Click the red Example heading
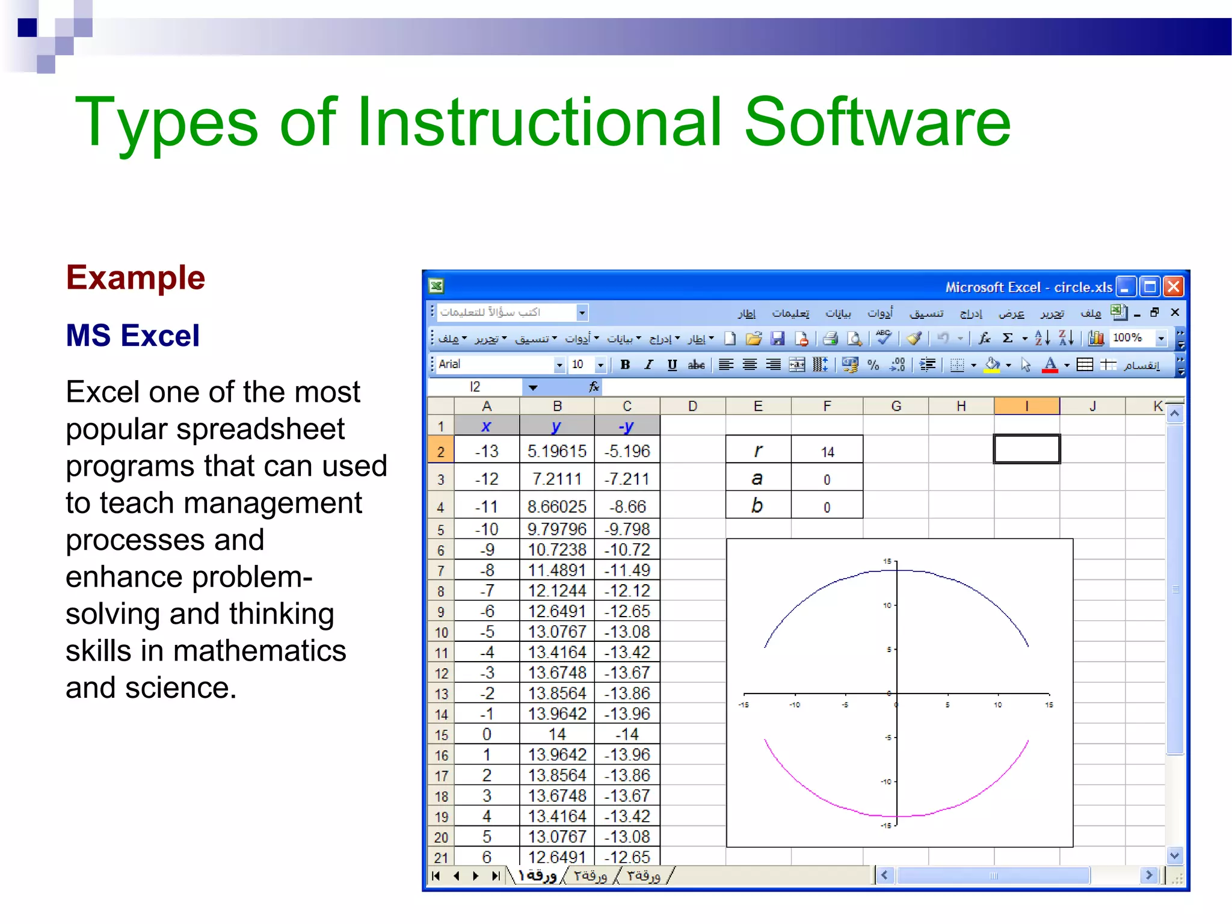(135, 278)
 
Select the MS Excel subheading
(132, 336)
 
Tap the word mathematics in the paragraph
(259, 651)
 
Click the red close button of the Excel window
(1174, 287)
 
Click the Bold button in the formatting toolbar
(625, 365)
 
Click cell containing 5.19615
(556, 451)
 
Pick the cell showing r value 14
(827, 452)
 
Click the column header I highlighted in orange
(1026, 407)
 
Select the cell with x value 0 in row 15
(487, 735)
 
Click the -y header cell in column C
(626, 427)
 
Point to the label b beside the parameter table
(757, 506)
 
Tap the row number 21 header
(441, 858)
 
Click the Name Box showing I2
(475, 387)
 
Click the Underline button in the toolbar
(672, 365)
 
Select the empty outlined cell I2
(1026, 449)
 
